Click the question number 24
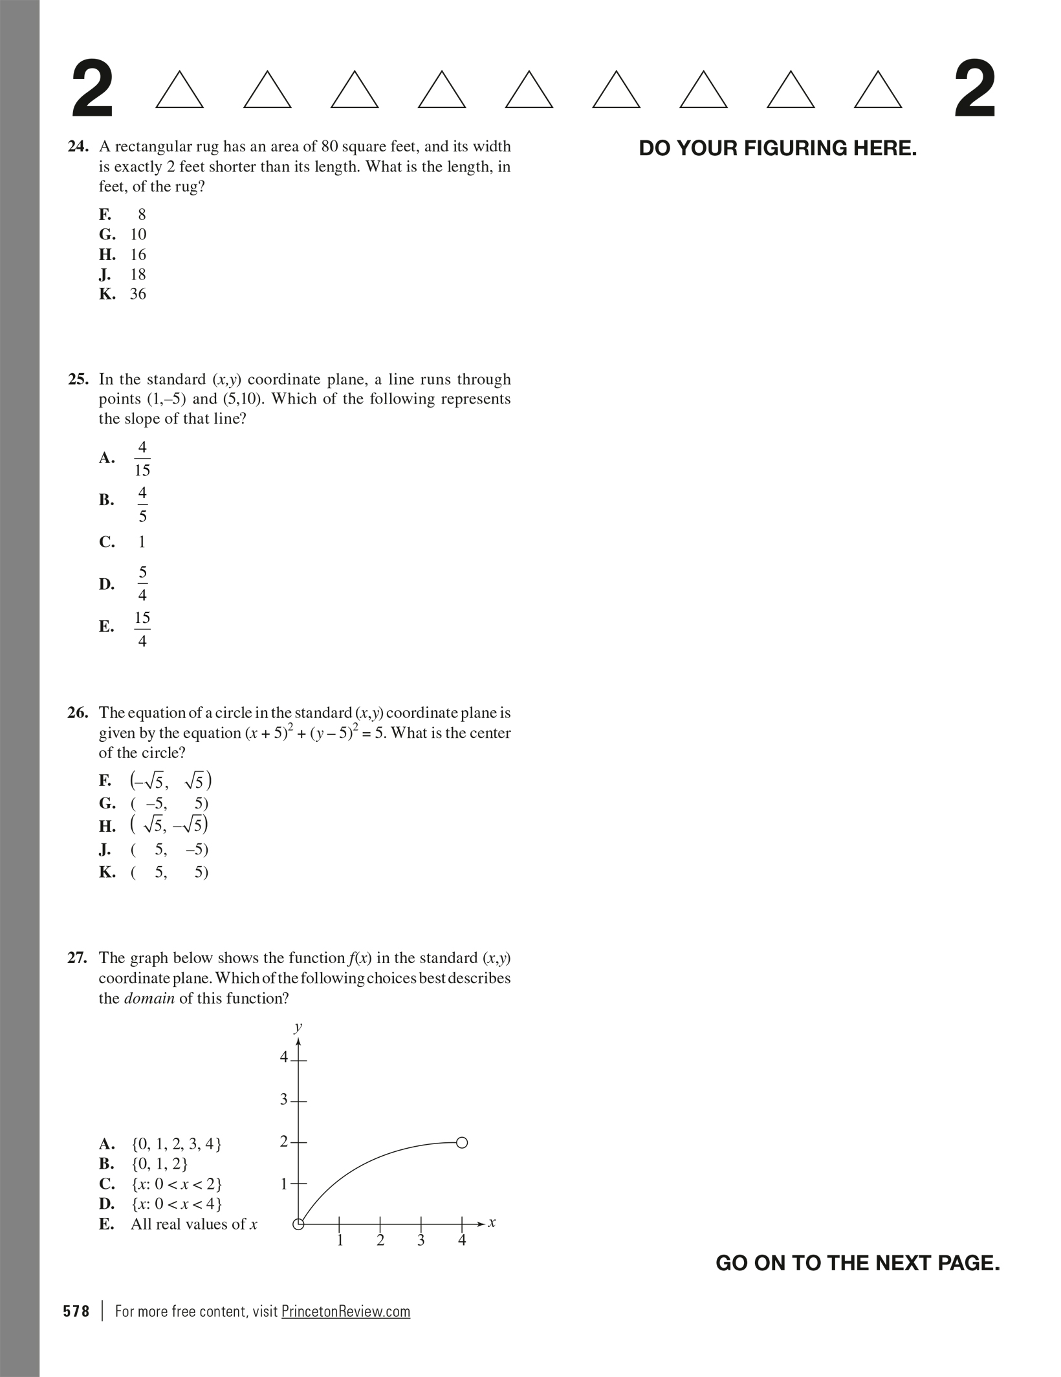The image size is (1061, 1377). [78, 147]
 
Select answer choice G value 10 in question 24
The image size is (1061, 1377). [138, 234]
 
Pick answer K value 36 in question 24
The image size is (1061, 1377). [138, 294]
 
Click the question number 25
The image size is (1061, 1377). [78, 379]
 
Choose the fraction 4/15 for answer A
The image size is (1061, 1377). [142, 459]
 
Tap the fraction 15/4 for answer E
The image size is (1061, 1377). [142, 628]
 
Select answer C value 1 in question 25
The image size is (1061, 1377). [142, 542]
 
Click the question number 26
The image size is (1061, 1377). [78, 713]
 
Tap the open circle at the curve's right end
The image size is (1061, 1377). [461, 1143]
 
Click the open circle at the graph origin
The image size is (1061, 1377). [298, 1224]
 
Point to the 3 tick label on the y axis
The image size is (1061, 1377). [283, 1100]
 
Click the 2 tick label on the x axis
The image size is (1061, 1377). [380, 1241]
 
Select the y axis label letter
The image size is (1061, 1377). [298, 1026]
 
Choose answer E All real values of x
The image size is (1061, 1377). [193, 1224]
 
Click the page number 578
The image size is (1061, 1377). [76, 1311]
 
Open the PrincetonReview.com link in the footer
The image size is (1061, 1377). [345, 1311]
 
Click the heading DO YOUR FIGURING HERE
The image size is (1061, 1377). [778, 148]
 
